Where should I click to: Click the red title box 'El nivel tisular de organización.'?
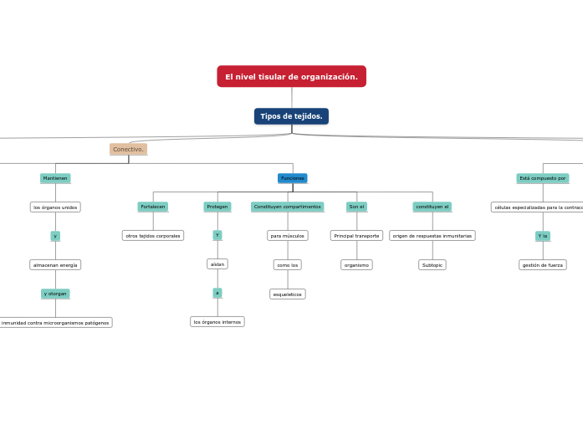[291, 77]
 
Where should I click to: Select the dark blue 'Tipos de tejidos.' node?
[291, 116]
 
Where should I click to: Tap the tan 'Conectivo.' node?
[128, 150]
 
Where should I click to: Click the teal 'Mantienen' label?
[55, 178]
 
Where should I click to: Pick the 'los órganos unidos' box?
[55, 207]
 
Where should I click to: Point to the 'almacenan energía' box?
[55, 265]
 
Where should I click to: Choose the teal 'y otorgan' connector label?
[55, 294]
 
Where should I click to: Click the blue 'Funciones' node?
[293, 178]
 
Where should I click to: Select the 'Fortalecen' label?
[152, 207]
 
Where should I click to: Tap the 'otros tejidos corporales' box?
[153, 236]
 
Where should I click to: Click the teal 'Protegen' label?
[217, 207]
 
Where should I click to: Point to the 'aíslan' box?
[217, 264]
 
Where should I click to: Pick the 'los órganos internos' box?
[217, 322]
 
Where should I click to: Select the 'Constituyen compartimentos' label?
[287, 207]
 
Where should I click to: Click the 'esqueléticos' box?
[288, 294]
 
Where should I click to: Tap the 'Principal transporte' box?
[356, 236]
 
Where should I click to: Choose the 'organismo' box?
[356, 265]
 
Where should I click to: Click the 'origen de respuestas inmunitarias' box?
[432, 236]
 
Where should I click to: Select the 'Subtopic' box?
[432, 265]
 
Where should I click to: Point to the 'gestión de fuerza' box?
[543, 265]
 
